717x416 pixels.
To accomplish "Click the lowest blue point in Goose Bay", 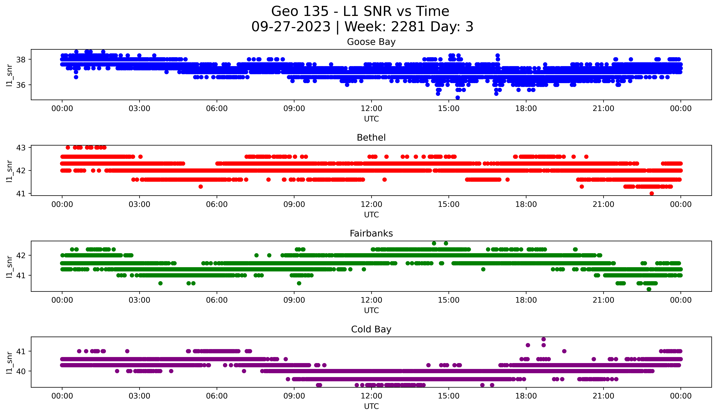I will [458, 98].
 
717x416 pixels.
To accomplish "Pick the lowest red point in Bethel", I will [652, 193].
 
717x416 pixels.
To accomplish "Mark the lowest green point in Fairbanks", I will [649, 289].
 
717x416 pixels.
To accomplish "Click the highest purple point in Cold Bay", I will [543, 339].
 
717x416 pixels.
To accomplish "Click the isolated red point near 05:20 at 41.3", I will [201, 187].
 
